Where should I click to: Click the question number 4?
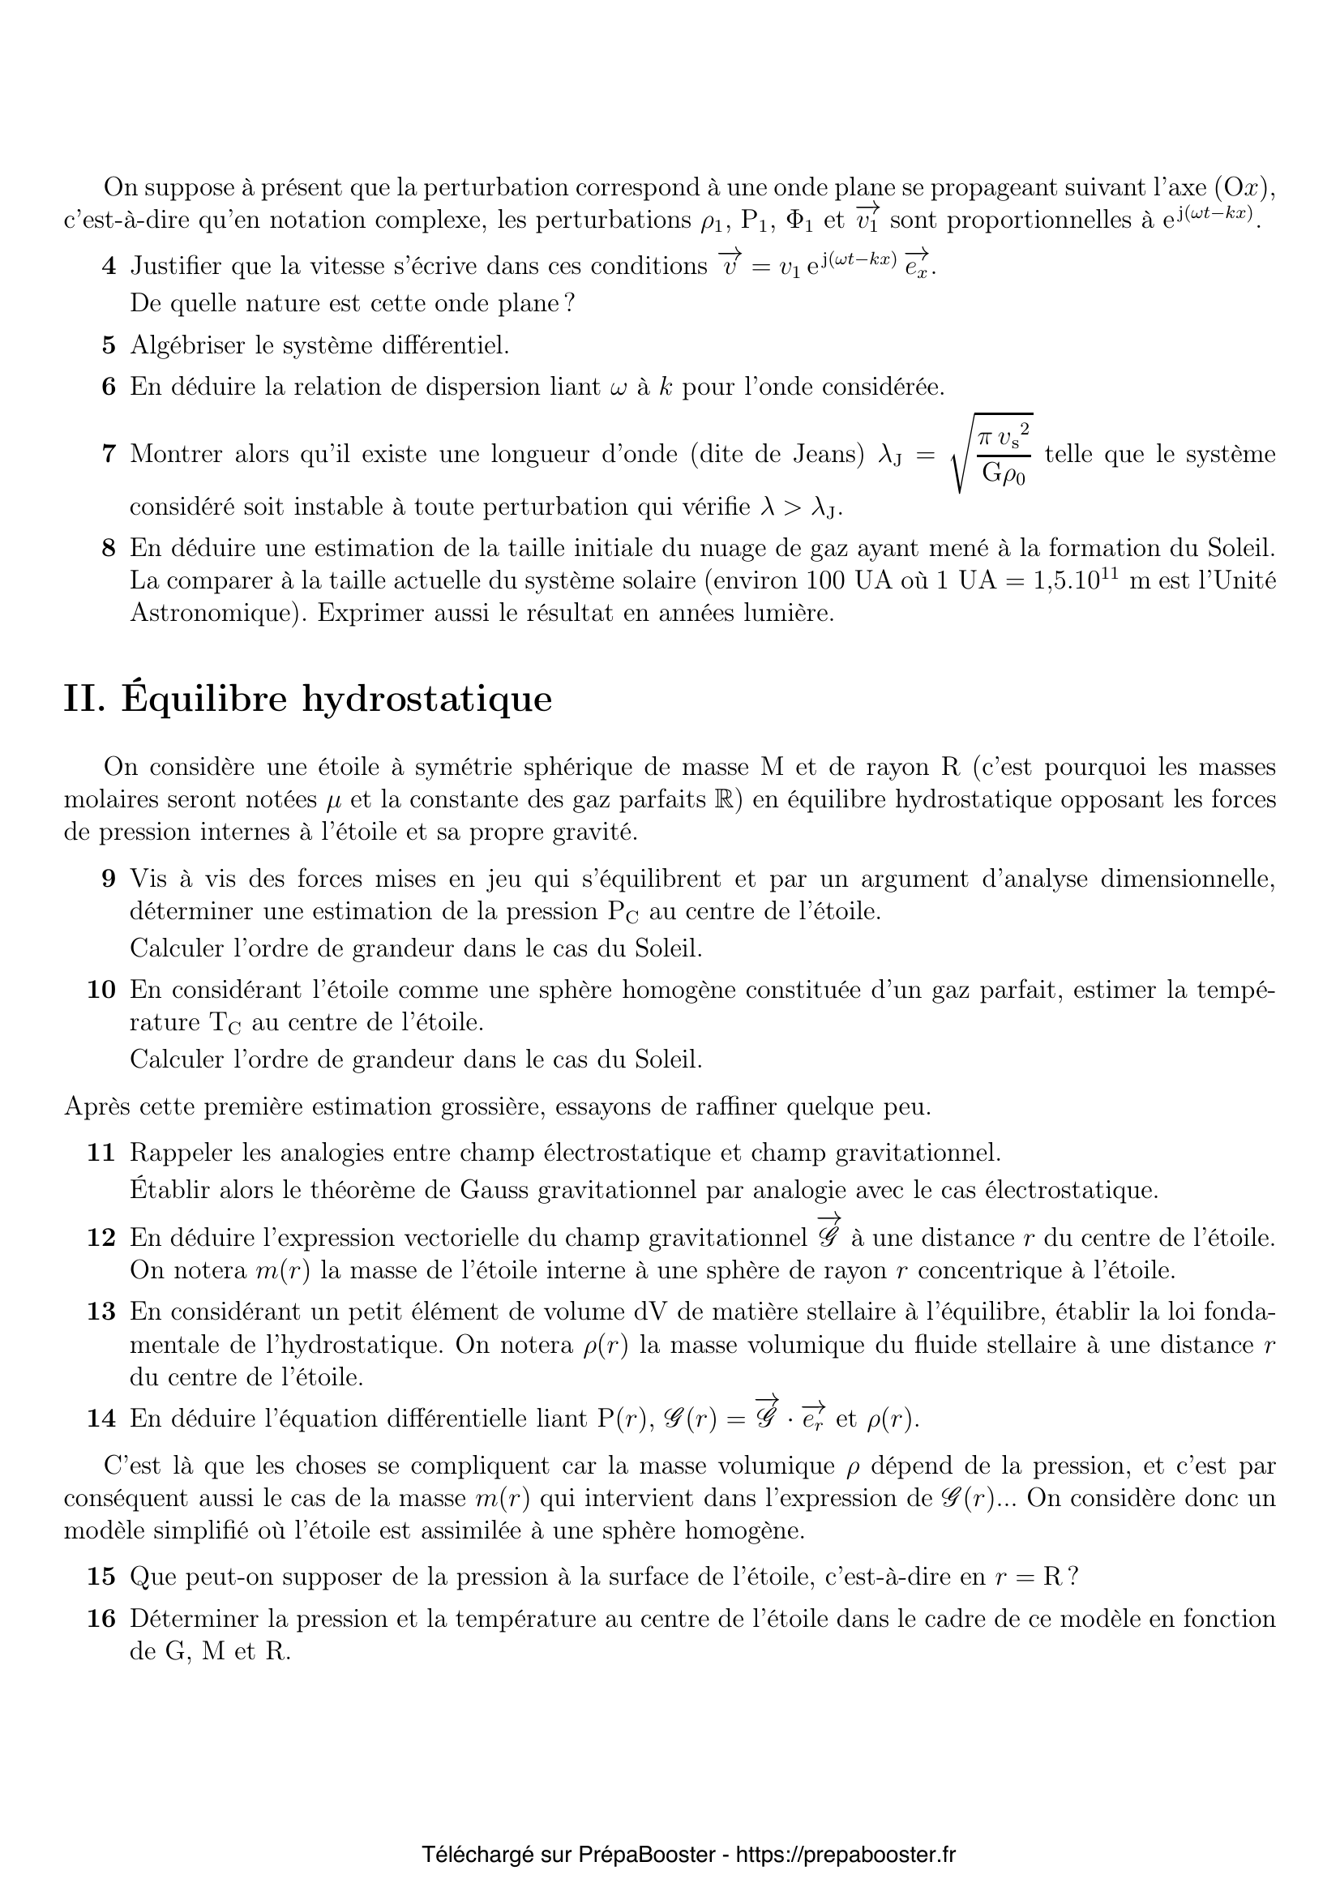[109, 266]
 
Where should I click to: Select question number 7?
[109, 453]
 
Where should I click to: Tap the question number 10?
[101, 989]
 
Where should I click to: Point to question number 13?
[101, 1312]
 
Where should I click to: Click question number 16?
[101, 1619]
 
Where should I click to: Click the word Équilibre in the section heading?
[205, 699]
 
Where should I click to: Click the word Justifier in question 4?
[176, 266]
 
